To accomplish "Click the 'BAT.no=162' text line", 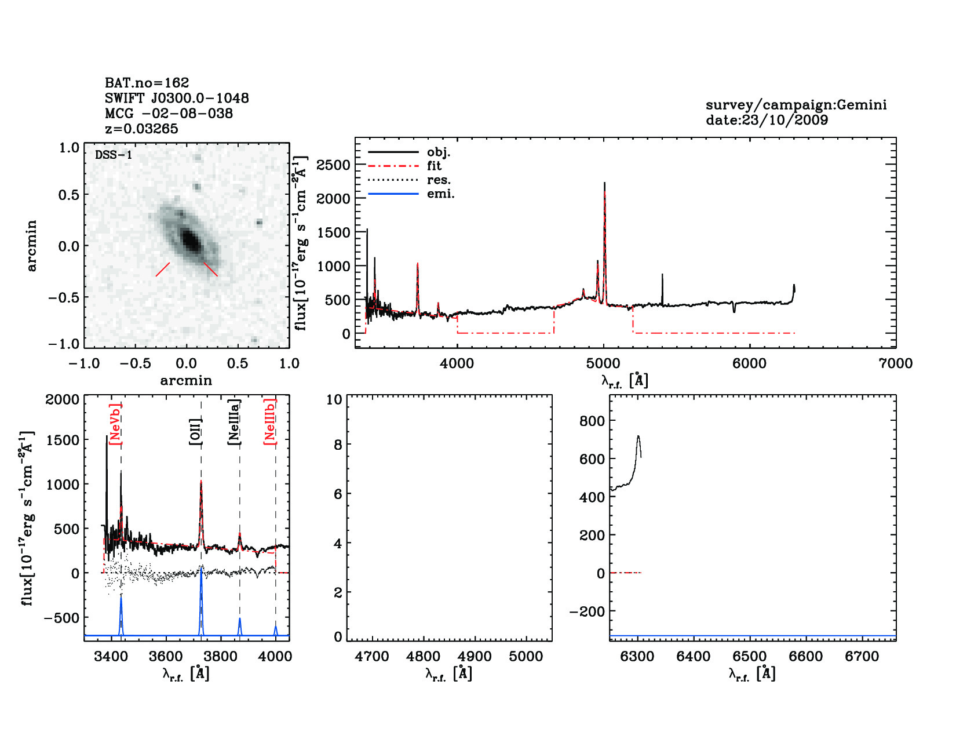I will coord(147,83).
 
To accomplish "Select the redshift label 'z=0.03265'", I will coord(141,129).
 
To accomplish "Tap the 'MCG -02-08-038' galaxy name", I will coord(169,114).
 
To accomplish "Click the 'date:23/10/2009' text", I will coord(767,120).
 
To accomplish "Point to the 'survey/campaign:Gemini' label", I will coord(796,105).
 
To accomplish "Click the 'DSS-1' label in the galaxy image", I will coord(114,155).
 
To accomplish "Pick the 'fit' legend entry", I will coord(434,166).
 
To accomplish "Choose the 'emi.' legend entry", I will coord(440,194).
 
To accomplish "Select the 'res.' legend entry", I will coord(439,180).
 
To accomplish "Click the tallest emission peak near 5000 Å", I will coord(604,184).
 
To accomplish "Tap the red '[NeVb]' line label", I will coord(115,424).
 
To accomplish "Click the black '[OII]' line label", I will coord(195,431).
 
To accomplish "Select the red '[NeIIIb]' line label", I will coord(269,421).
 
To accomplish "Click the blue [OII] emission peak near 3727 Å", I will coord(201,571).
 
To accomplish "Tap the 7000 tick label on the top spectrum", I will coord(895,363).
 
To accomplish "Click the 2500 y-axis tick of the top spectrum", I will coord(333,165).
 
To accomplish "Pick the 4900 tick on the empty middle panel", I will coord(475,656).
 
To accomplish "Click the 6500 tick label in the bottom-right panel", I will coord(750,656).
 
